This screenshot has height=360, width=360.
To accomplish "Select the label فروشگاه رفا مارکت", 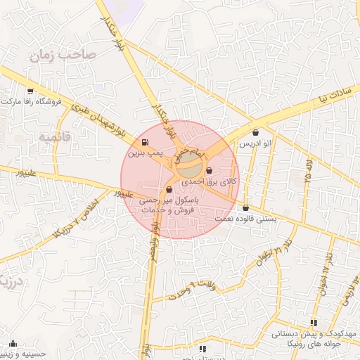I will [x=32, y=101].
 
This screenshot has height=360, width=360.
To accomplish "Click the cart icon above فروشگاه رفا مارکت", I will [x=30, y=91].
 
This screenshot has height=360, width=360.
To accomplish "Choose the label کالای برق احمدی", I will [x=210, y=181].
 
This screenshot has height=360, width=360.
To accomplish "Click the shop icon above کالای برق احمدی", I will [x=210, y=170].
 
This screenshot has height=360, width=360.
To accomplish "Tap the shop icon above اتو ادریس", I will [x=255, y=132].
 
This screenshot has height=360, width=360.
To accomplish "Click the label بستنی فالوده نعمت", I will [x=246, y=219].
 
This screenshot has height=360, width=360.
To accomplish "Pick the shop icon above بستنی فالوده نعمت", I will [x=245, y=208].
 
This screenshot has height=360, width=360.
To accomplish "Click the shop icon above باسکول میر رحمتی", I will [x=169, y=190].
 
